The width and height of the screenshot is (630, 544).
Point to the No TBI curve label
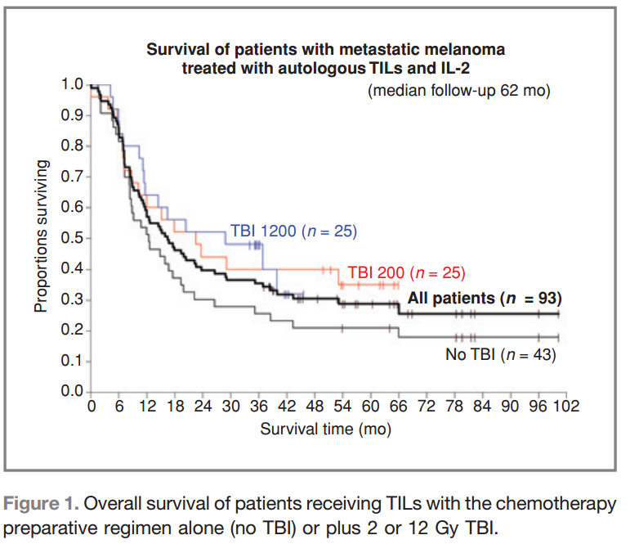499,354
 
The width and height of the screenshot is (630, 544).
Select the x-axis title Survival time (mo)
325,428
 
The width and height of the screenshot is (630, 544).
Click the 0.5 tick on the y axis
73,238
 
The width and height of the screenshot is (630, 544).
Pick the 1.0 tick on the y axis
73,85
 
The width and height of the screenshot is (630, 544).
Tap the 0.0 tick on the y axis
73,392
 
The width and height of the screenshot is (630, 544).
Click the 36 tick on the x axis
258,407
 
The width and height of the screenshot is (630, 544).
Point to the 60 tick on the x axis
370,407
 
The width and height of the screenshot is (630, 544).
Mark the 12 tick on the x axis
147,407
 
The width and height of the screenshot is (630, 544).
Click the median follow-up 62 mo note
459,91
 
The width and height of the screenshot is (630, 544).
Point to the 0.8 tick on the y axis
73,146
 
